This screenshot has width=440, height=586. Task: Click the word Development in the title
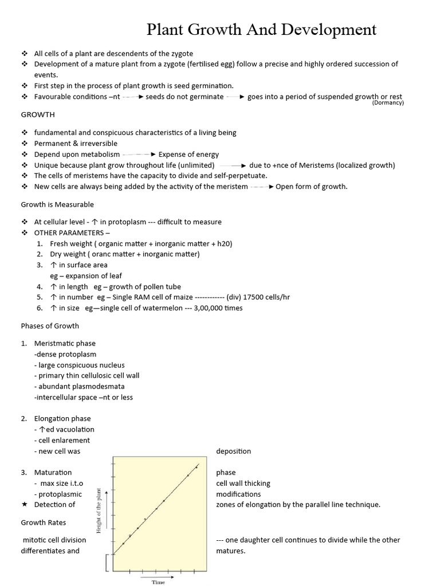[x=328, y=30]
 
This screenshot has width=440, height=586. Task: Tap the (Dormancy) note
[x=388, y=103]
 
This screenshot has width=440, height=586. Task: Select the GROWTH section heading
[x=38, y=114]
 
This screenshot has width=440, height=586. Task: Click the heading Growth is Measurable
[x=57, y=204]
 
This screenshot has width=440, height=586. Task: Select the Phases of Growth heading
[x=50, y=326]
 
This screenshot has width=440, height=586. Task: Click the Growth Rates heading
[x=44, y=522]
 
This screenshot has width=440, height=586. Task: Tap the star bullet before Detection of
[x=24, y=505]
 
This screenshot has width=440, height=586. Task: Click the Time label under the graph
[x=158, y=582]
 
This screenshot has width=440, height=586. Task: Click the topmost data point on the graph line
[x=197, y=467]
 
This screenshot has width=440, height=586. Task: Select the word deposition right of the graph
[x=233, y=451]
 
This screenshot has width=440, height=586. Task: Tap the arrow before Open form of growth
[x=262, y=187]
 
